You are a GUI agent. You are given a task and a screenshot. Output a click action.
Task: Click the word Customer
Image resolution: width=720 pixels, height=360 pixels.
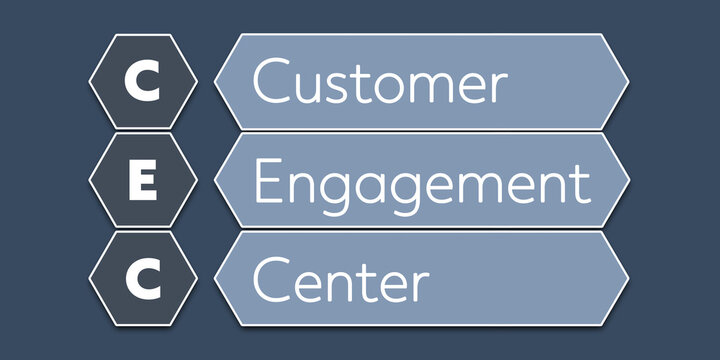point(379,82)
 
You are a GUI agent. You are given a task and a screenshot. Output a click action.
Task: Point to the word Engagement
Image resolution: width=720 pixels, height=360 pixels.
point(420,182)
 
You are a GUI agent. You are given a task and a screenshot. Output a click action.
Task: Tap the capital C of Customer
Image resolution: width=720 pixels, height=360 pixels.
point(271,81)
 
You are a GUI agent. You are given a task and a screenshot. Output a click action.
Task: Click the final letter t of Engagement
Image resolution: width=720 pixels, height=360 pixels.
point(582,182)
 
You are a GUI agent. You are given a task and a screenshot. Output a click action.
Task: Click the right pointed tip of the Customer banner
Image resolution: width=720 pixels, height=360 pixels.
point(628,82)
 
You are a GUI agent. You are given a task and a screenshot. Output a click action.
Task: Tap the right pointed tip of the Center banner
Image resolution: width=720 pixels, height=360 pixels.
point(628,279)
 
